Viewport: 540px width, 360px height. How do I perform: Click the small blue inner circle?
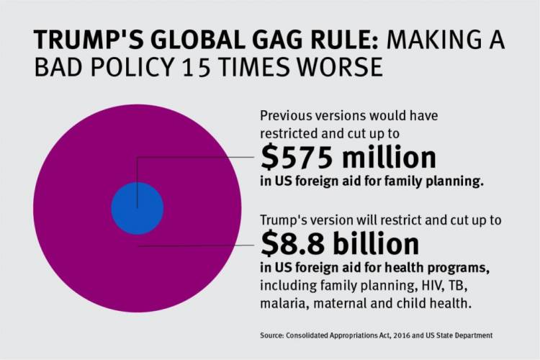[137, 209]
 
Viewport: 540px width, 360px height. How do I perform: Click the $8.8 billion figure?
[339, 245]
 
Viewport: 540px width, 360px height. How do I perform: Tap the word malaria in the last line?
[282, 304]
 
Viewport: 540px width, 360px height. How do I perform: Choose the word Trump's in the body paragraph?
[284, 218]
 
